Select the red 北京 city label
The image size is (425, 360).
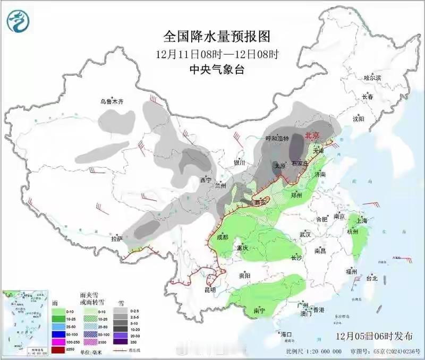(311, 136)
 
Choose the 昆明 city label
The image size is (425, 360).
(210, 290)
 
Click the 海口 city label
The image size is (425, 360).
(287, 335)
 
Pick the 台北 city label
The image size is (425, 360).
(371, 278)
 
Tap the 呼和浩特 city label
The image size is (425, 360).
(277, 139)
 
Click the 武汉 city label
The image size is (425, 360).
(304, 234)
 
